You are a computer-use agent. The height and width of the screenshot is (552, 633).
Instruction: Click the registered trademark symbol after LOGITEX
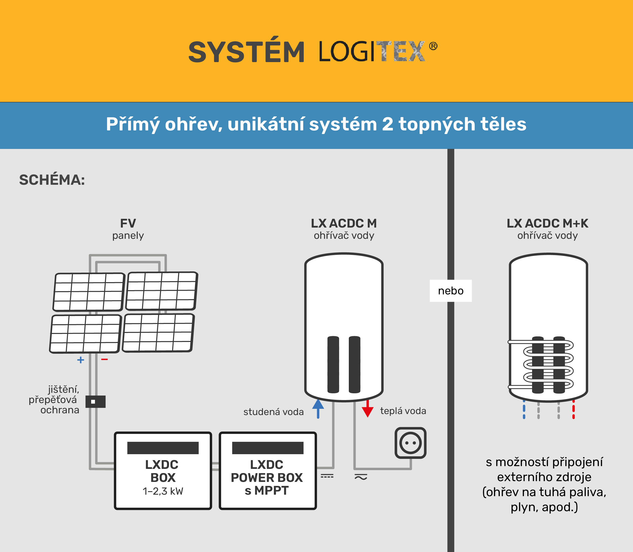click(433, 46)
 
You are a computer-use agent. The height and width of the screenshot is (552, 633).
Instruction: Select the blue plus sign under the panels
click(81, 360)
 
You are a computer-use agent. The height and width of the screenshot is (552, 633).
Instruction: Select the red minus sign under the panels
click(104, 359)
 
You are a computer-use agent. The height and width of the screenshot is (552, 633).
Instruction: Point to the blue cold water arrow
click(318, 409)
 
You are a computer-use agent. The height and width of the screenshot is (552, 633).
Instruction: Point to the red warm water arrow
click(368, 409)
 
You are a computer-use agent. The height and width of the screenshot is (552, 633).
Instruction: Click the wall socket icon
click(410, 443)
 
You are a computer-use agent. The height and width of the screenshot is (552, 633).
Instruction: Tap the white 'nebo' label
click(451, 291)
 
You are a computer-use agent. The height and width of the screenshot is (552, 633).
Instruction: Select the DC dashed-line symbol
click(327, 476)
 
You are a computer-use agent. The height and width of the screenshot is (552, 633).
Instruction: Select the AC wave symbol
click(361, 477)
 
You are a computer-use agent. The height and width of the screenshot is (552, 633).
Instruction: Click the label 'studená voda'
click(273, 412)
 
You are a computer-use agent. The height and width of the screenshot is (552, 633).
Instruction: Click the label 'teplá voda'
click(403, 411)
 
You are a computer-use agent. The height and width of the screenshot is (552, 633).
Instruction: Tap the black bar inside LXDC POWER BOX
click(268, 448)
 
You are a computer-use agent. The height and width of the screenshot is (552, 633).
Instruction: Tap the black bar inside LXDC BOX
click(163, 448)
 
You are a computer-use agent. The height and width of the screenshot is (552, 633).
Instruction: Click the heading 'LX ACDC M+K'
click(547, 223)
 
